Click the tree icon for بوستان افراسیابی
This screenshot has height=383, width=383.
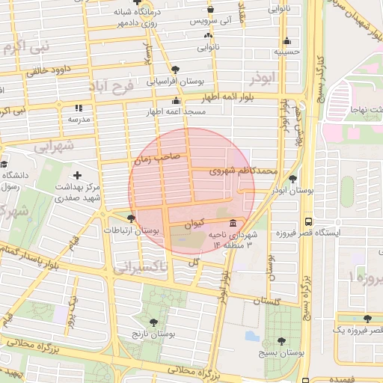point(175,69)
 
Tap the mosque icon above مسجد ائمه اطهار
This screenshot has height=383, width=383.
point(176,101)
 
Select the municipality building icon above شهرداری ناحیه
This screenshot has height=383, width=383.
point(235,224)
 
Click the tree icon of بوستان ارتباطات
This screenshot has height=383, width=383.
point(132,219)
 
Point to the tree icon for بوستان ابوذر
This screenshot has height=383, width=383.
point(292,180)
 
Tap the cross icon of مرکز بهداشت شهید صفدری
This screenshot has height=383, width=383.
point(78,175)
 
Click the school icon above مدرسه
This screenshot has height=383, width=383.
point(79,108)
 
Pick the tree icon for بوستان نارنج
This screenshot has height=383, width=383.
point(153,322)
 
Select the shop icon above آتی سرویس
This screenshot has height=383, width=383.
point(210,10)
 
